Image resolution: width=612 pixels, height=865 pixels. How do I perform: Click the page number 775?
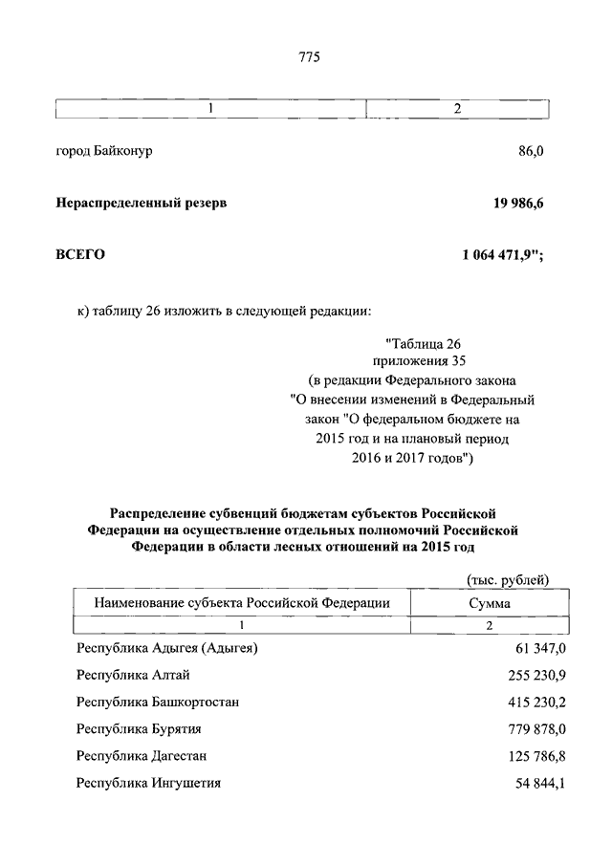coord(308,56)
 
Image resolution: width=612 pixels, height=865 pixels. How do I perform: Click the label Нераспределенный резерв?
coord(142,203)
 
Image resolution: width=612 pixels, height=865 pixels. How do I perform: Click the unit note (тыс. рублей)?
coord(507,579)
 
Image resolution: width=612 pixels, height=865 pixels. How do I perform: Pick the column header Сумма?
coord(489,603)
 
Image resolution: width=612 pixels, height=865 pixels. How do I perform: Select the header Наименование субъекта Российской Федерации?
coord(242,603)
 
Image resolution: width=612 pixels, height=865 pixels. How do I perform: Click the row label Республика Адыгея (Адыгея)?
coord(167,649)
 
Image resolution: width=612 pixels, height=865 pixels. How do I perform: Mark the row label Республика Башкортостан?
coord(157,703)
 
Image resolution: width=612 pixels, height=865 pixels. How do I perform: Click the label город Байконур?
coord(104,151)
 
